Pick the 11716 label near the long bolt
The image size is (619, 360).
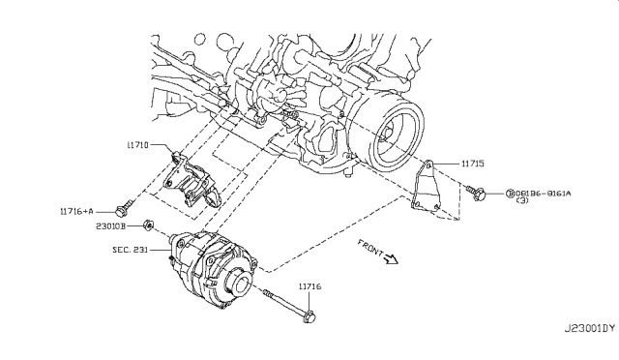310,286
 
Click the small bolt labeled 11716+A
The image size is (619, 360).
122,207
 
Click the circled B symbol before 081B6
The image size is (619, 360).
509,194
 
